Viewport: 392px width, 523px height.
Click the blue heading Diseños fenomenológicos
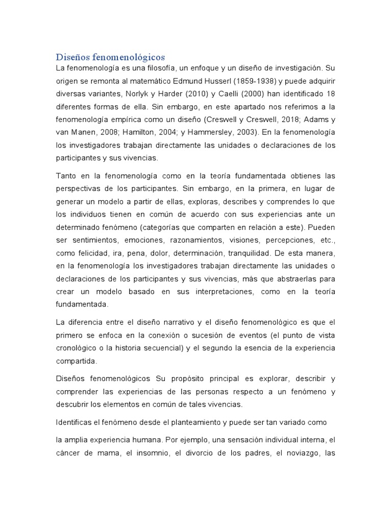point(111,57)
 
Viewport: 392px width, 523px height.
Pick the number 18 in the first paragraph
point(331,94)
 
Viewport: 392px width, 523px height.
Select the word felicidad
point(92,253)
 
